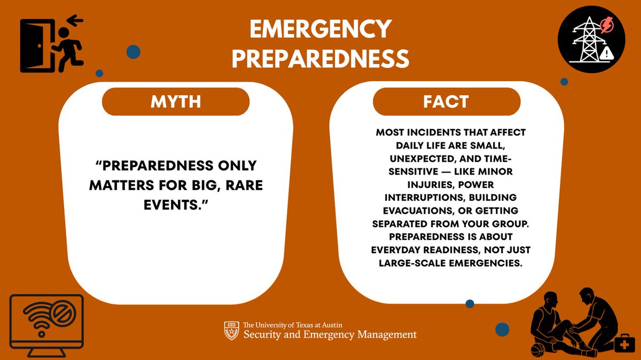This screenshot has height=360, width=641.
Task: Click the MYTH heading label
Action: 175,101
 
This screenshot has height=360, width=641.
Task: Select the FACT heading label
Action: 447,101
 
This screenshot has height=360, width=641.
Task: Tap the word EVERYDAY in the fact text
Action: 398,249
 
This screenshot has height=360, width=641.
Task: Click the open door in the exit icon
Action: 36,46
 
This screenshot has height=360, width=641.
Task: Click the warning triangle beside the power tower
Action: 607,52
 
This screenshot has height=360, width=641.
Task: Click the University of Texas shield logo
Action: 231,331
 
